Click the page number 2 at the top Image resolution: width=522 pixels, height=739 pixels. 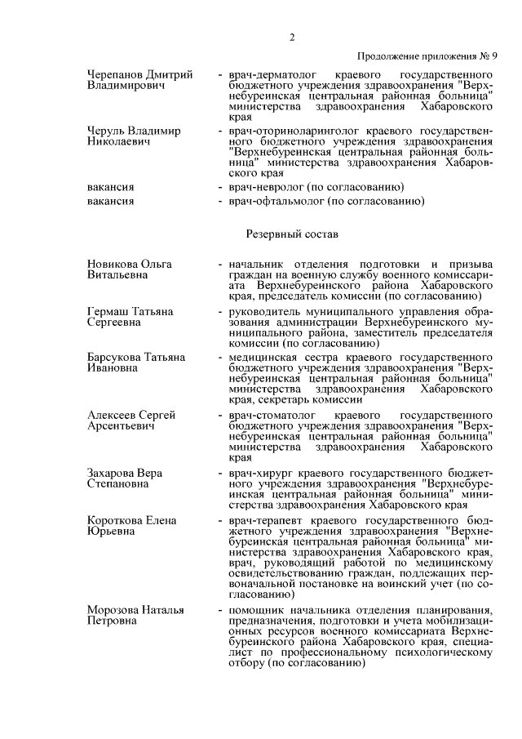(x=291, y=37)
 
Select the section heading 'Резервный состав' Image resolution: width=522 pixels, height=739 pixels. (x=291, y=234)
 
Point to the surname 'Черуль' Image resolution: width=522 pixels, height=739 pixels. (x=107, y=131)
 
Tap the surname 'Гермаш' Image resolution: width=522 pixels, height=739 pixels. (x=108, y=312)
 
